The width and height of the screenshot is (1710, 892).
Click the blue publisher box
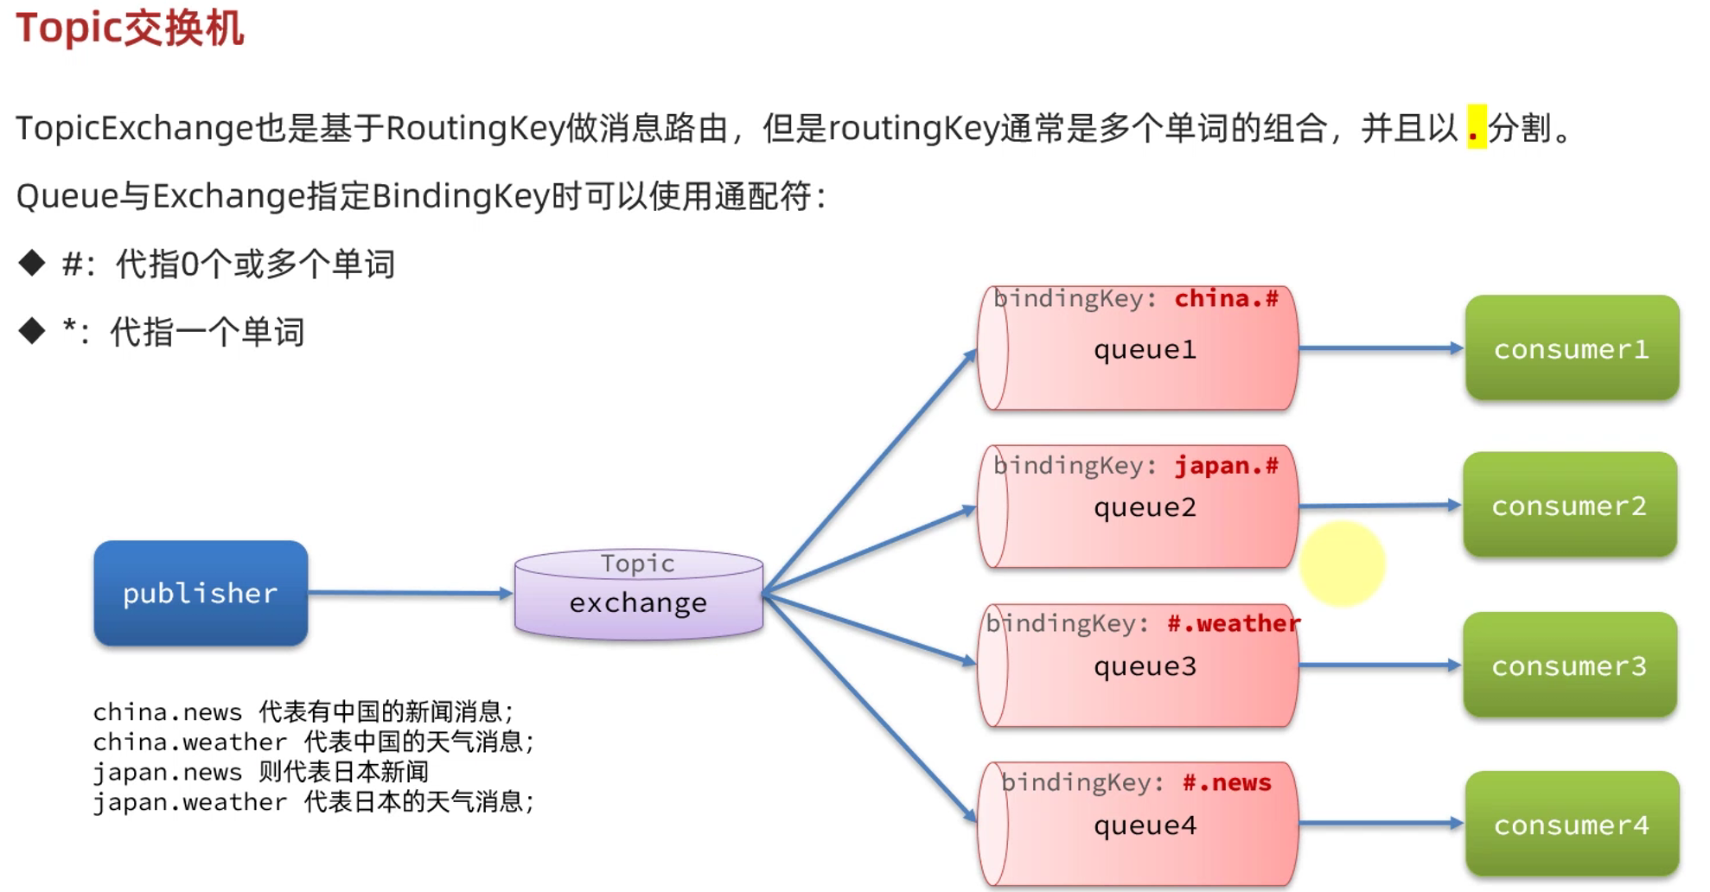click(x=201, y=593)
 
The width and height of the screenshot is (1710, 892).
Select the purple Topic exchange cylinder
click(x=638, y=595)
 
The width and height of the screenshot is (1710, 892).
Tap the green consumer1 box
click(x=1572, y=348)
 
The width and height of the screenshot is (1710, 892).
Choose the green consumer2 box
click(x=1569, y=506)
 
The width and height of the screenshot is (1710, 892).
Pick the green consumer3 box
click(x=1569, y=666)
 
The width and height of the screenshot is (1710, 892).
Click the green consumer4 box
click(x=1572, y=825)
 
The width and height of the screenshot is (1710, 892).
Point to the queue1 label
click(x=1145, y=350)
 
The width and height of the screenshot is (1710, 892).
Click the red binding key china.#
click(x=1226, y=299)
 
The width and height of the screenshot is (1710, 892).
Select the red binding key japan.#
click(x=1226, y=466)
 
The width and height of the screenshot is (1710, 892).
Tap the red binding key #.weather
click(x=1233, y=623)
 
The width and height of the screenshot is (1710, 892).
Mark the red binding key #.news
click(x=1227, y=783)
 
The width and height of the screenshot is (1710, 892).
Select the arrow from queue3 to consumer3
click(x=1379, y=666)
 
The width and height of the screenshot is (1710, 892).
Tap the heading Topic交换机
click(x=130, y=28)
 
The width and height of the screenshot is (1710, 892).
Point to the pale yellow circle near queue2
click(x=1342, y=564)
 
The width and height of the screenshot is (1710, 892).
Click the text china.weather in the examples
click(x=189, y=742)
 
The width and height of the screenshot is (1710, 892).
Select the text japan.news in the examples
click(x=167, y=773)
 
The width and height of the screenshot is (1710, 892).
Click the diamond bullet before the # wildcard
click(x=32, y=263)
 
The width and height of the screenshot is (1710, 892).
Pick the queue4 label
click(x=1145, y=825)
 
